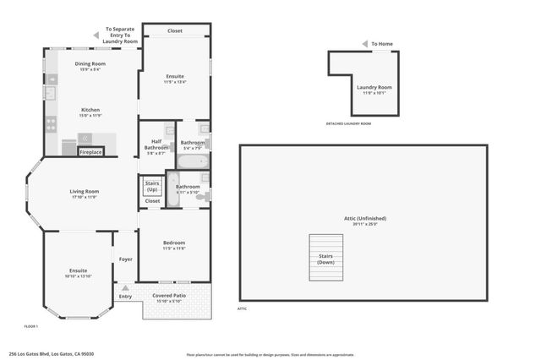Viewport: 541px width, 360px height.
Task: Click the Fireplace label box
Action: coord(90,152)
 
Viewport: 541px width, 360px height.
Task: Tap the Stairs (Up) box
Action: coord(152,186)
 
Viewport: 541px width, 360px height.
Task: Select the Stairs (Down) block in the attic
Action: coord(326,259)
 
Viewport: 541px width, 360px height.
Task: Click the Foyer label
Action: coord(125,259)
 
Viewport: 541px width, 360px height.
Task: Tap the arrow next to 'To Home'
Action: coord(364,44)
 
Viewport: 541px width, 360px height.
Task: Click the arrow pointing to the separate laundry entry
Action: coord(95,35)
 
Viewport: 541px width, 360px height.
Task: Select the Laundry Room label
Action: coord(374,87)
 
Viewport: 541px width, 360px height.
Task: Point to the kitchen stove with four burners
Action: coord(50,123)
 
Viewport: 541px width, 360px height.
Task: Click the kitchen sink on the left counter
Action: coord(49,93)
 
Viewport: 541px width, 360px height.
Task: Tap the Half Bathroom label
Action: coord(156,145)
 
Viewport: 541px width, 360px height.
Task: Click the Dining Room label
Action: coord(90,64)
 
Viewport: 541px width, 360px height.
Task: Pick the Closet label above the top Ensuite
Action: coord(175,30)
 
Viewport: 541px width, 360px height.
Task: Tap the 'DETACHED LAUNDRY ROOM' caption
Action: coord(348,123)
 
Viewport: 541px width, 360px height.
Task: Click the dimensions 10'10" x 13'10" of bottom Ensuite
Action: coord(78,276)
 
